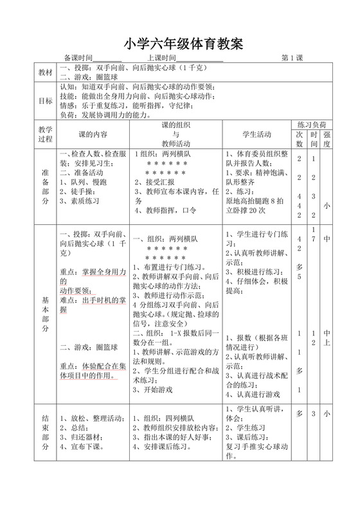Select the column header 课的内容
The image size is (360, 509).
[93, 135]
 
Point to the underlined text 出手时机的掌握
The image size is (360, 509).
[96, 304]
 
